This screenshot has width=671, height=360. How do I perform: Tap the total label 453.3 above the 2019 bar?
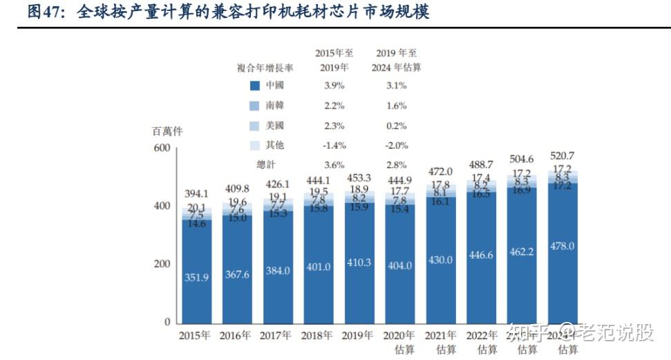click(x=359, y=178)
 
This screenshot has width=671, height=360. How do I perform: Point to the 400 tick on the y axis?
click(x=161, y=206)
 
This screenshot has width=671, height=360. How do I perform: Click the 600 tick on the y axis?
click(x=161, y=148)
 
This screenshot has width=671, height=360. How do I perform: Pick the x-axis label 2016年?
click(x=235, y=336)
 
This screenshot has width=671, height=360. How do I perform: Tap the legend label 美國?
click(x=274, y=126)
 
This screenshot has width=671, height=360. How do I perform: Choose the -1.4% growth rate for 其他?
click(x=334, y=146)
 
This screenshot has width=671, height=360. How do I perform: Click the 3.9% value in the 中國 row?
click(x=334, y=86)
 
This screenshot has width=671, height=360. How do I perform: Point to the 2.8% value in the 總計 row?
click(x=397, y=165)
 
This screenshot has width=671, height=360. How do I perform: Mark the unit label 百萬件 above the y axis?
click(x=168, y=131)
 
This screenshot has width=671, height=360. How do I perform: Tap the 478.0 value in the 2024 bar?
click(x=563, y=247)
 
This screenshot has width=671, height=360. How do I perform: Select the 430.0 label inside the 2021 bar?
click(x=440, y=260)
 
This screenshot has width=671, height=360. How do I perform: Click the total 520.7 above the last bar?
click(x=563, y=155)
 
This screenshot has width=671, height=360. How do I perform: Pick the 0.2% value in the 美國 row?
click(x=397, y=126)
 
